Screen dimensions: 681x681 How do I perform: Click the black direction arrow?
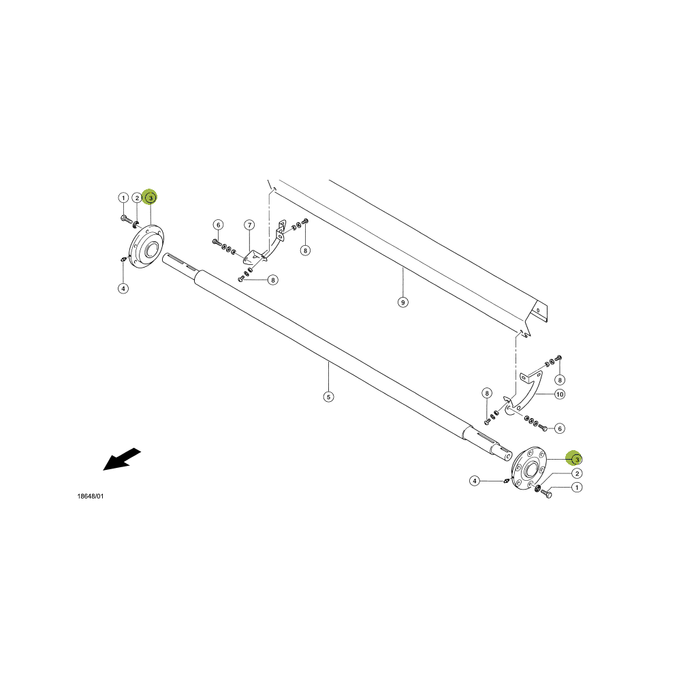121,460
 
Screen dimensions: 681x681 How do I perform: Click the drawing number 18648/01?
91,496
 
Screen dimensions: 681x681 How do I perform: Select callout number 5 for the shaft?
329,396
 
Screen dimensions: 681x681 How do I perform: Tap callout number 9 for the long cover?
403,302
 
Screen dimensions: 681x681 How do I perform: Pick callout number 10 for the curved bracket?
560,394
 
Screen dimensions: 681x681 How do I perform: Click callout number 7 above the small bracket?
249,225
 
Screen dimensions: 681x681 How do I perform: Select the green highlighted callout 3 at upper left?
150,197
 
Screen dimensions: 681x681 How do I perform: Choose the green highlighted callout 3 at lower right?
575,458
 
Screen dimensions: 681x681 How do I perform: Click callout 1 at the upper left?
123,198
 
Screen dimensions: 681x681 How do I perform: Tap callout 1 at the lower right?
577,488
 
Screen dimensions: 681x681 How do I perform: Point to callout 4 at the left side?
123,288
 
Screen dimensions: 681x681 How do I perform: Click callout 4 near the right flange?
475,481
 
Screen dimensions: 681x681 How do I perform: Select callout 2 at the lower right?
577,473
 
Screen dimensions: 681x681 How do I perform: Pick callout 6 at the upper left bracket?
219,225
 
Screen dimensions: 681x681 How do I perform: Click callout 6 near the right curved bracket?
560,428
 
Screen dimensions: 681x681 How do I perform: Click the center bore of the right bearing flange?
530,469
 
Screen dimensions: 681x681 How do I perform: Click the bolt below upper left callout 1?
125,218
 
